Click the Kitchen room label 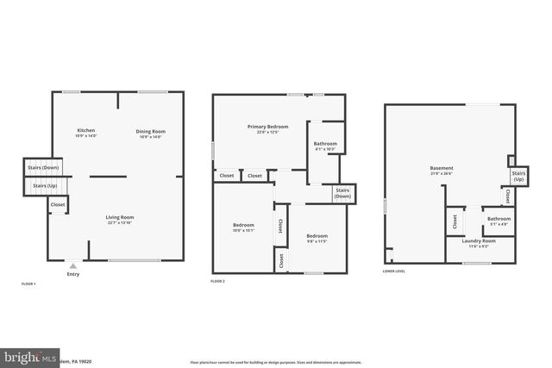click(86, 133)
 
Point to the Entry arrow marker click(72, 267)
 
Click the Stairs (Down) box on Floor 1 click(43, 167)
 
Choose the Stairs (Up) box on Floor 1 click(46, 185)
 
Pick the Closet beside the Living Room click(58, 204)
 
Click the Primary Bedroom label click(267, 128)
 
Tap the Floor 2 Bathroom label click(325, 146)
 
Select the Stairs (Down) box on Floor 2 click(342, 192)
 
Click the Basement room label click(442, 170)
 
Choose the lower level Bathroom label click(499, 221)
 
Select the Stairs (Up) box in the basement click(518, 175)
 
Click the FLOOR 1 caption click(29, 284)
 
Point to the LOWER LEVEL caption click(393, 271)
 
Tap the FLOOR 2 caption click(217, 282)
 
